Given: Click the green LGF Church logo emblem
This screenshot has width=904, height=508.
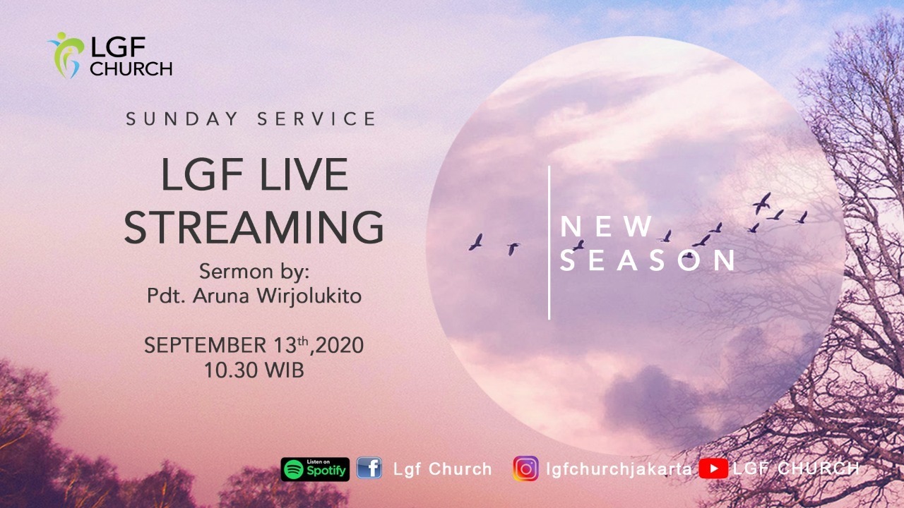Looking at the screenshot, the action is (x=66, y=55).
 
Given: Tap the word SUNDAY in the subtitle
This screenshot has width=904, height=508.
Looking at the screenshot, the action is (x=182, y=119).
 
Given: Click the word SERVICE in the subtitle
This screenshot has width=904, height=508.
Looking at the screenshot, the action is (x=317, y=119).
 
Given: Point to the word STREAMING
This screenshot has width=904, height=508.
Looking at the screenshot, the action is (x=254, y=227).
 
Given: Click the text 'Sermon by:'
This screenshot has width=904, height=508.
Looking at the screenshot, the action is (x=254, y=272).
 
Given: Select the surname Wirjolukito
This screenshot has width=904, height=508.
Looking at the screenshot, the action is (x=309, y=296).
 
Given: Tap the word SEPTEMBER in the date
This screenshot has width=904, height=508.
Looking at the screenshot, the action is (x=205, y=346).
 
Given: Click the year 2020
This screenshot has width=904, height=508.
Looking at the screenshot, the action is (x=340, y=346).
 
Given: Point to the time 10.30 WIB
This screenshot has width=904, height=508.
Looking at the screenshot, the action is (x=254, y=370).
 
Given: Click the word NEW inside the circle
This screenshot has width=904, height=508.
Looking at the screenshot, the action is (x=606, y=226).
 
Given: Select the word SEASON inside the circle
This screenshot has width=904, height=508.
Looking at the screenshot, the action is (x=648, y=260).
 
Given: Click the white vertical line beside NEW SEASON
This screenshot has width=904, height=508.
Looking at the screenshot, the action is (x=549, y=243).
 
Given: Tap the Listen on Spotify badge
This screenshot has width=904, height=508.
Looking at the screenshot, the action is (x=315, y=469).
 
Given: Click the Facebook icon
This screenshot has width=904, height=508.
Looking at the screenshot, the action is (x=369, y=468).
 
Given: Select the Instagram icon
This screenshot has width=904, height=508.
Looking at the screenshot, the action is (x=525, y=468).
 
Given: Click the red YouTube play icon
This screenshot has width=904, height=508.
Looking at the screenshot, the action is (x=713, y=468).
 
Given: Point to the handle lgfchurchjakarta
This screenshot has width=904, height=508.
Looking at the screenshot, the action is (x=619, y=469).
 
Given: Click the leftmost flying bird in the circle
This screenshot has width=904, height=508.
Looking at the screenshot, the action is (x=476, y=242).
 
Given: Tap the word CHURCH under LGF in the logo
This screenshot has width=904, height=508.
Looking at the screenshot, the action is (x=131, y=69).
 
